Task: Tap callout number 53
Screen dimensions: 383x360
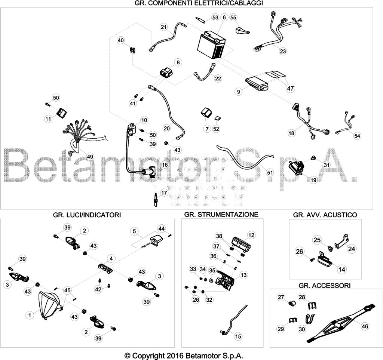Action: [215, 18]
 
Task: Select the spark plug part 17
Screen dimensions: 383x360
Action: [154, 199]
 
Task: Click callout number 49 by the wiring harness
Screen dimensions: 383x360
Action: [90, 157]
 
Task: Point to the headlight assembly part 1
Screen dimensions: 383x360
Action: [50, 305]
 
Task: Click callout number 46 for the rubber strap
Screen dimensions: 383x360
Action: [365, 326]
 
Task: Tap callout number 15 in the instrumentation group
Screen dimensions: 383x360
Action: [238, 336]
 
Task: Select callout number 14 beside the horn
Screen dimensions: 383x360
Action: [342, 270]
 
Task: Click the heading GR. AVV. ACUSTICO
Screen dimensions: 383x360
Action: [325, 215]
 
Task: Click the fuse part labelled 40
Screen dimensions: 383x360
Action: [132, 50]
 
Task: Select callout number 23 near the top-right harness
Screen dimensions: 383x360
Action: [283, 51]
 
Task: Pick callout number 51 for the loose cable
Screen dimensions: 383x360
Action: [270, 173]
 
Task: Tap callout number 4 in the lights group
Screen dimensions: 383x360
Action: [111, 258]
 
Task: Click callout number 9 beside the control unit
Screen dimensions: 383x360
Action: [238, 92]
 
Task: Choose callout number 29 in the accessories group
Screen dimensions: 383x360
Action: [281, 329]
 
